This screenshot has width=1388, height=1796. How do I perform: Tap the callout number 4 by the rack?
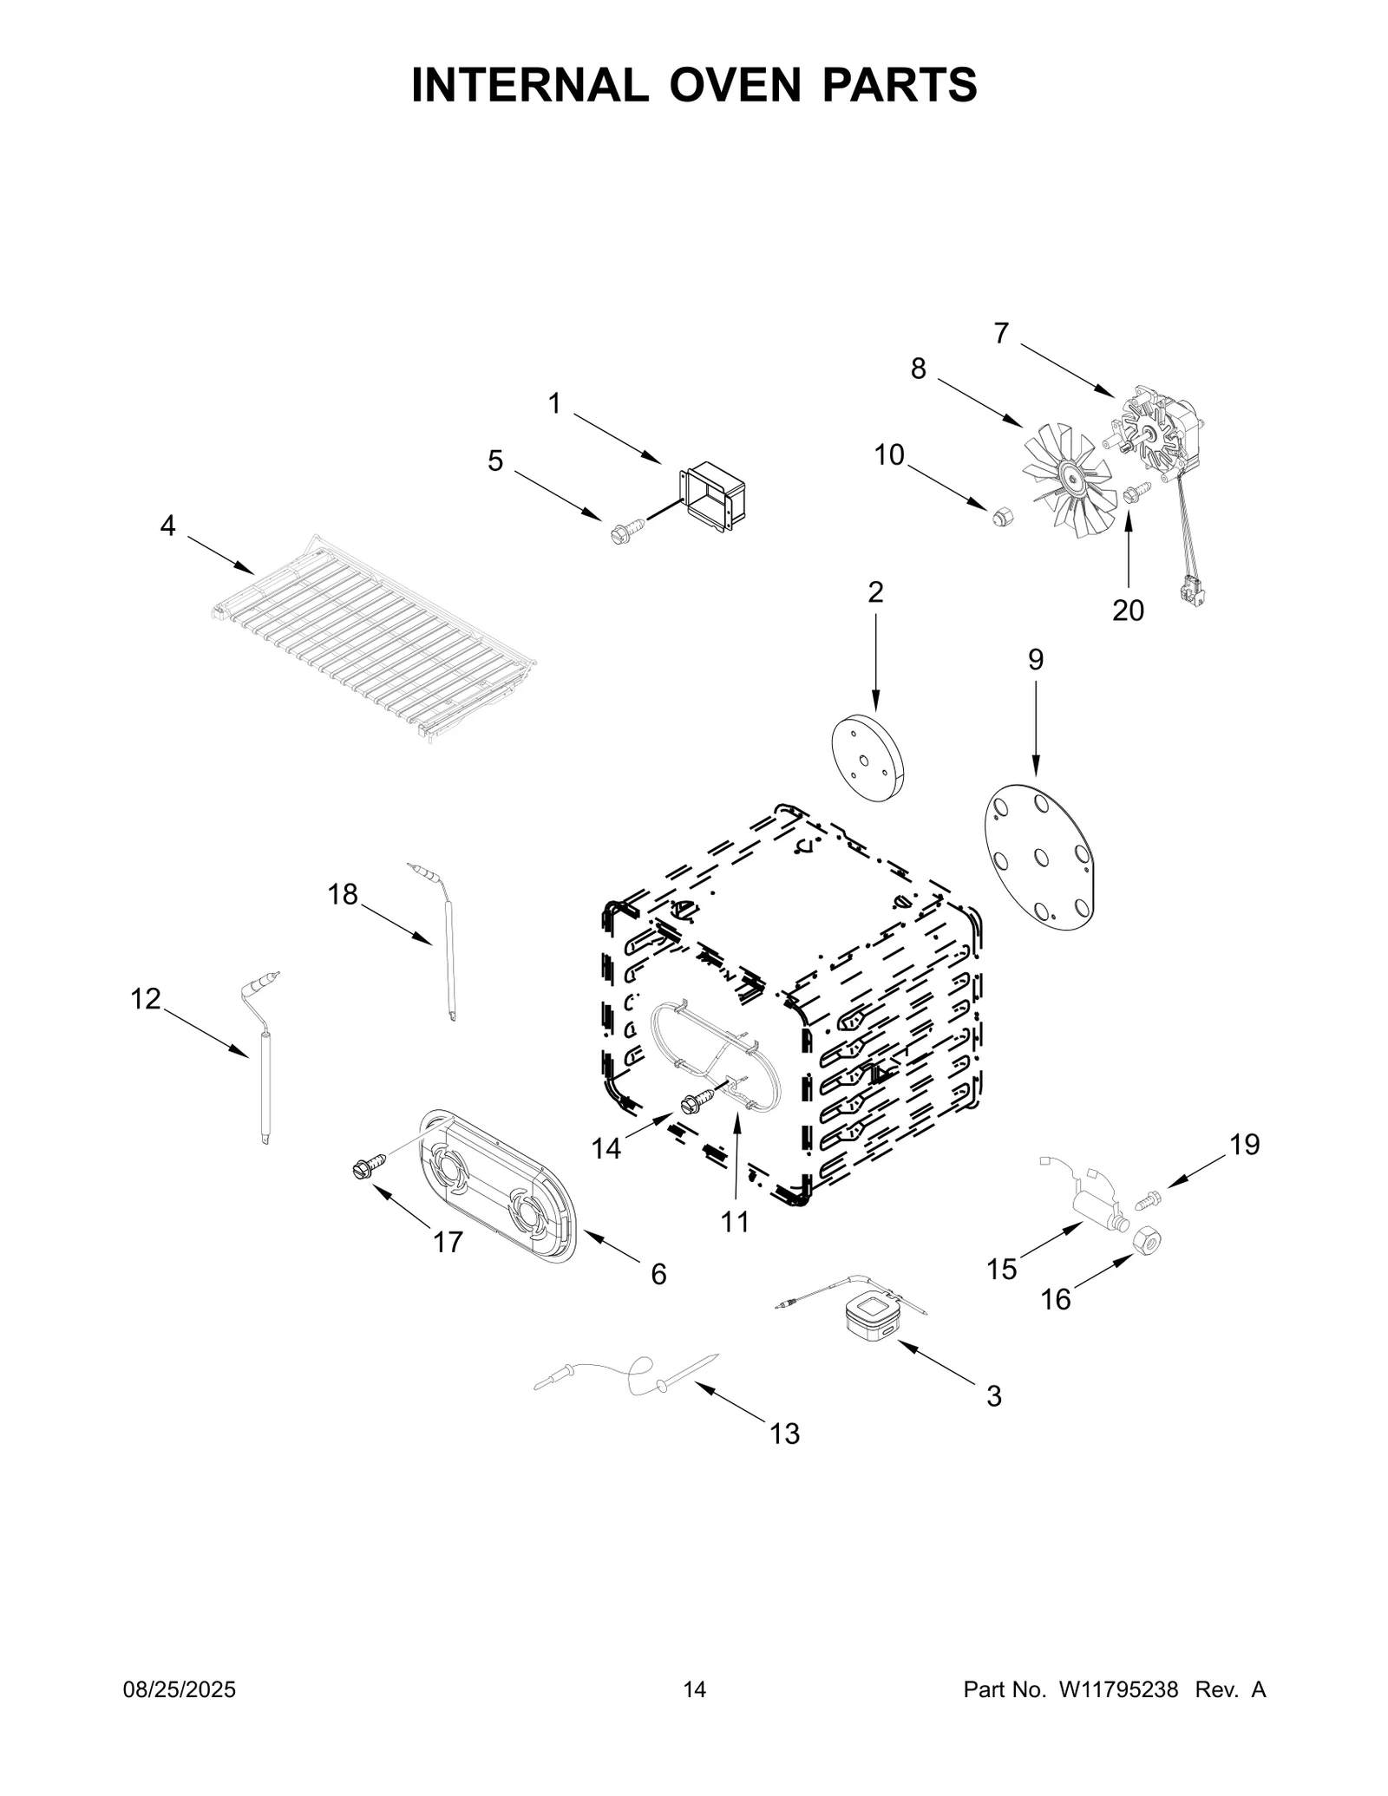167,525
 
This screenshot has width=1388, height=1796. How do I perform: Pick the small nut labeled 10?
1001,518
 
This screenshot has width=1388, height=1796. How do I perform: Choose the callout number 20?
1128,611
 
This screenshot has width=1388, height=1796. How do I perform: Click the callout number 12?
145,999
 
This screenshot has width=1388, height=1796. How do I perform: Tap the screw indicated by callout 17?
367,1169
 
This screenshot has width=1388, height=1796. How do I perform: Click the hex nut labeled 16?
1148,1244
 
